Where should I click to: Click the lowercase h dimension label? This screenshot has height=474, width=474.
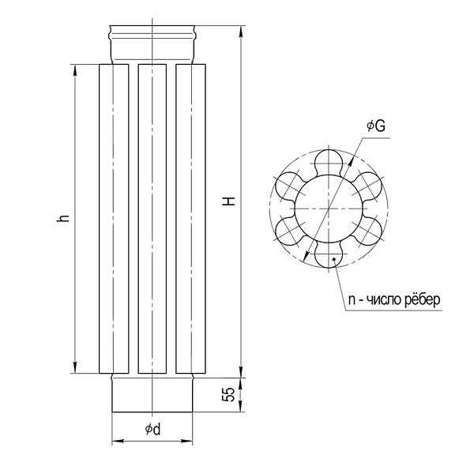tap(63, 218)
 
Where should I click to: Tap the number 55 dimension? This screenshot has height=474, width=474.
tap(229, 394)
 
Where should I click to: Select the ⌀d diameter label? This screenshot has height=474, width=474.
tap(153, 429)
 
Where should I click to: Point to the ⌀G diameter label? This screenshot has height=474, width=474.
tap(376, 126)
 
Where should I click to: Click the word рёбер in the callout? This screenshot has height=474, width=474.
tap(423, 300)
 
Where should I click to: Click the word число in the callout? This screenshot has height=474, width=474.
tap(384, 300)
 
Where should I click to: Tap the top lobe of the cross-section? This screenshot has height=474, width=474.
tap(329, 163)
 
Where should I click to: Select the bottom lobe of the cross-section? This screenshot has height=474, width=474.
tap(329, 254)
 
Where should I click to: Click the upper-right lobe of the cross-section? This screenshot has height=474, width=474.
tap(368, 186)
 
